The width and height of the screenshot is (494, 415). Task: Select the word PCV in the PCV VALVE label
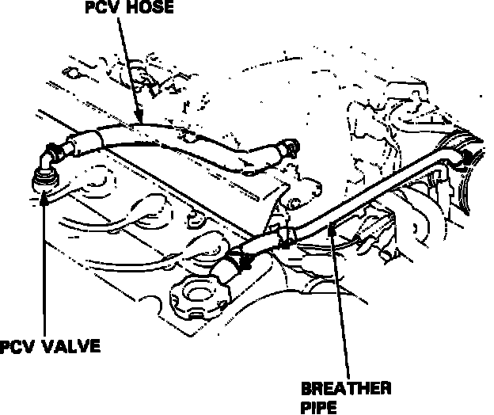(x=19, y=348)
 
